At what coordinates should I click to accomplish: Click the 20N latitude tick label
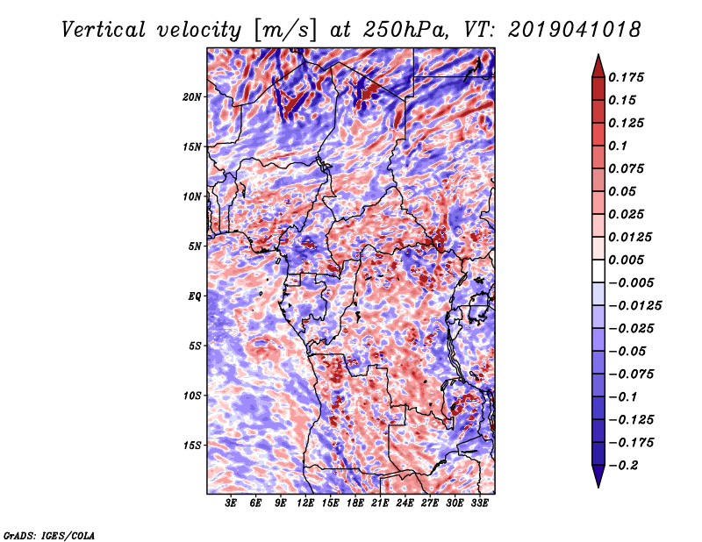(191, 97)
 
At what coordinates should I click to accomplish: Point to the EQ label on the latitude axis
(194, 296)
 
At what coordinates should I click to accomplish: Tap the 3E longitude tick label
(230, 503)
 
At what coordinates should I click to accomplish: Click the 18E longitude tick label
(355, 503)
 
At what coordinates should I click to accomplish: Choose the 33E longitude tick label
(479, 503)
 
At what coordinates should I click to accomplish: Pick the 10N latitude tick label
(191, 196)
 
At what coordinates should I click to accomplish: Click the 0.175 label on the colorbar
(626, 77)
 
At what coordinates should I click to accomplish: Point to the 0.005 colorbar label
(626, 260)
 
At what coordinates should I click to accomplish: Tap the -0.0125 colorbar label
(634, 306)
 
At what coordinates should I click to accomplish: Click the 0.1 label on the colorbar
(618, 146)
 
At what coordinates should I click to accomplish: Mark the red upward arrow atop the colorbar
(598, 67)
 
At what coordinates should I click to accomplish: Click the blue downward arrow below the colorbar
(598, 475)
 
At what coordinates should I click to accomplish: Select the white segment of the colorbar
(598, 271)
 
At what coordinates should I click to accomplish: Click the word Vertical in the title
(104, 30)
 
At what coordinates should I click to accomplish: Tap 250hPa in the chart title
(405, 30)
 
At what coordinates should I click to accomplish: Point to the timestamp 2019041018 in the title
(575, 30)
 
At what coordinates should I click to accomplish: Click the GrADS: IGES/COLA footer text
(49, 535)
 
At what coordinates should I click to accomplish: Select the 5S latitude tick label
(194, 346)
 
